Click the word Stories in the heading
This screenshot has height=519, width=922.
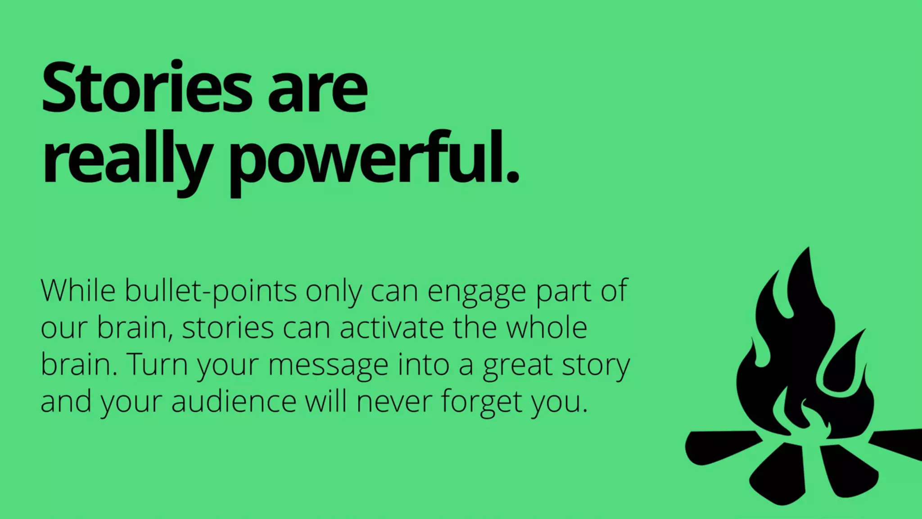[147, 87]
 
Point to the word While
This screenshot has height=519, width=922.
[78, 291]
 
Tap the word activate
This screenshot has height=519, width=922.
[392, 328]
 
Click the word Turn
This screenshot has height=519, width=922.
[157, 364]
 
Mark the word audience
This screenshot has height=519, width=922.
[234, 401]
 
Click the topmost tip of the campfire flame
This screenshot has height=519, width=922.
[808, 249]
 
